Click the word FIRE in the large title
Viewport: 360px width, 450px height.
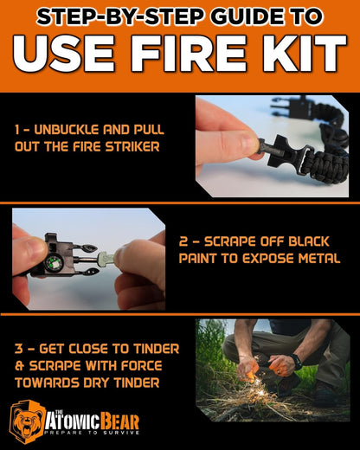point(197,54)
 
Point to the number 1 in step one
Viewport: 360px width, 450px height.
point(17,129)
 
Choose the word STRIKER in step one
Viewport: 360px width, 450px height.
point(136,146)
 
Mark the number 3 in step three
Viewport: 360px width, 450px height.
point(18,348)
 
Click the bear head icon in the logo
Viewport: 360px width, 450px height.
point(28,421)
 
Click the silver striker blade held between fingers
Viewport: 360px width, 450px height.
point(106,257)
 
